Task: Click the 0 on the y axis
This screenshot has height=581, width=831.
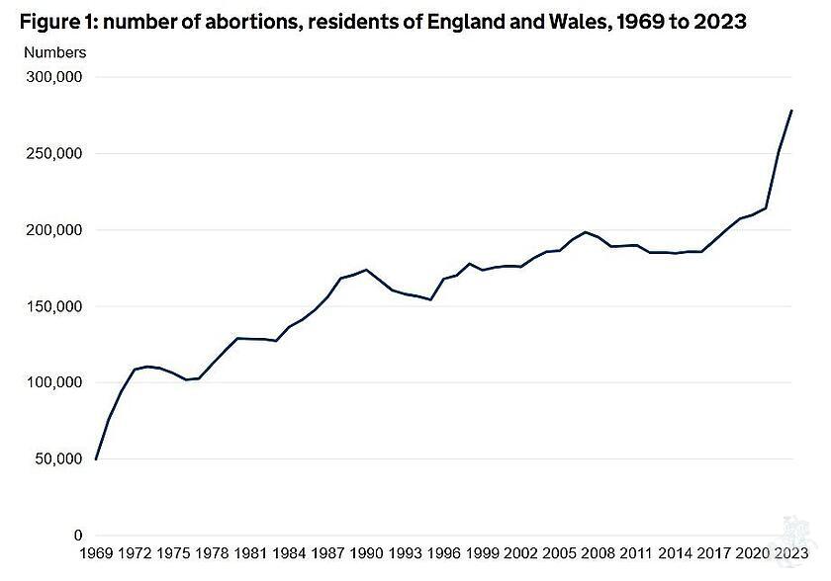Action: [x=79, y=536]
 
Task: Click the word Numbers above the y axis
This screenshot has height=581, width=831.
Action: [x=54, y=52]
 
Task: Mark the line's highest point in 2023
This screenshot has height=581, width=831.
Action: [x=791, y=111]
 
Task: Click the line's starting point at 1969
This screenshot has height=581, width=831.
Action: [x=96, y=458]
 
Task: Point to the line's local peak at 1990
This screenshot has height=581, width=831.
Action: [x=366, y=270]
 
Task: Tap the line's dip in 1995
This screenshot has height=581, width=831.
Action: [x=430, y=299]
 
